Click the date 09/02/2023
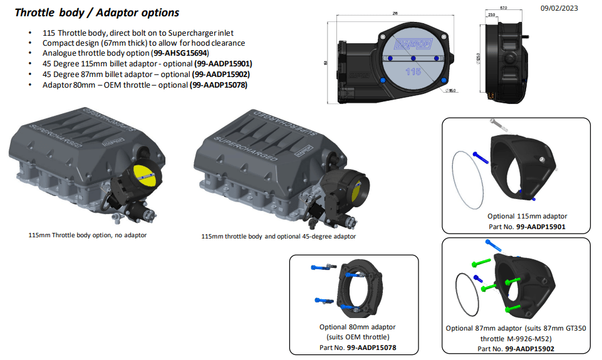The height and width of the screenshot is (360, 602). (559, 8)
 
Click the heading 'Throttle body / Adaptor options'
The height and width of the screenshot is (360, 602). (96, 13)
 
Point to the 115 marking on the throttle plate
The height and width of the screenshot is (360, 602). (413, 71)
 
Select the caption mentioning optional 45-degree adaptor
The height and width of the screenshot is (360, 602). (278, 237)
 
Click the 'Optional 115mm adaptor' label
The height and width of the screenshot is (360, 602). (517, 217)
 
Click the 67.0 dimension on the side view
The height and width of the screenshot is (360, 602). (503, 9)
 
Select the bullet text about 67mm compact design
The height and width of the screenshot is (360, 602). (143, 43)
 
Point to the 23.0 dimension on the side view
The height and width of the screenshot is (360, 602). (492, 15)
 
